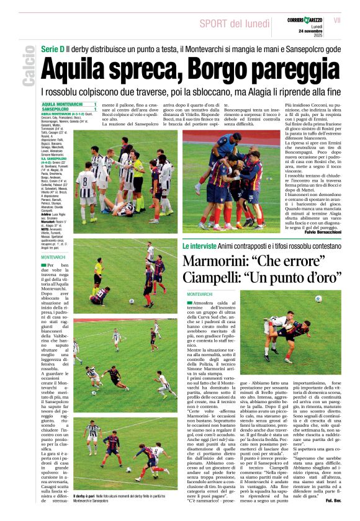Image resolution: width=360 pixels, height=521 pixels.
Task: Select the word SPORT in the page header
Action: point(217,24)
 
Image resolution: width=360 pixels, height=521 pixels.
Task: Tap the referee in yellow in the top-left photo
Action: point(137,180)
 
